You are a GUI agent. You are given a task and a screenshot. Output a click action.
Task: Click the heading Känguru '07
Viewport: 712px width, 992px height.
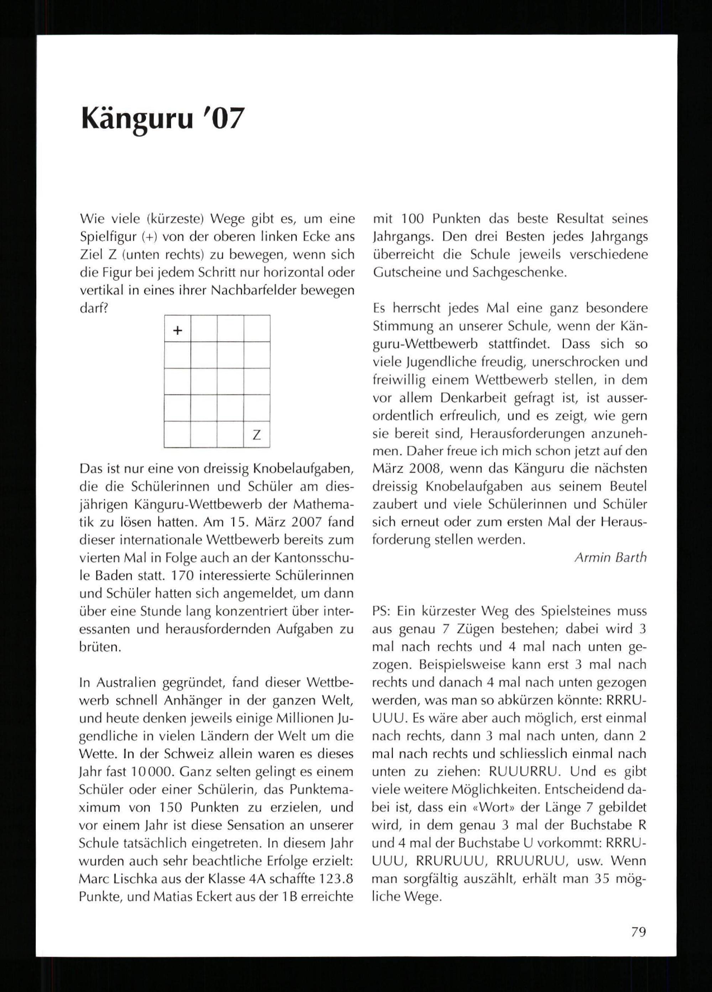(161, 118)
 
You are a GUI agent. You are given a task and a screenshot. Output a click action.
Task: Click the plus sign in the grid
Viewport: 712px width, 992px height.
(178, 331)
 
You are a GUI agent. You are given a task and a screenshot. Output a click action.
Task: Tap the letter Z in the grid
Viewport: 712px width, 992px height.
(257, 435)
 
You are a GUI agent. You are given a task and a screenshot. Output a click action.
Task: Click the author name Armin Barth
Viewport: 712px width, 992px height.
(610, 558)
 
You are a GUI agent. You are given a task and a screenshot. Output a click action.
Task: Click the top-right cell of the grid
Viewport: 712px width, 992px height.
(257, 329)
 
